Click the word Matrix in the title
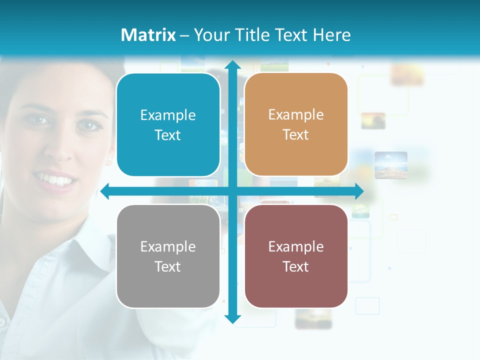point(148,35)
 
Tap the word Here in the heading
point(331,35)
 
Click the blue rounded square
point(168,124)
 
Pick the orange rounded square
point(296,124)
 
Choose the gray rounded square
point(168,256)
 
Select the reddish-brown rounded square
point(296,256)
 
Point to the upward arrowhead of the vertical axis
point(232,65)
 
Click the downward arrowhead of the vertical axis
point(232,318)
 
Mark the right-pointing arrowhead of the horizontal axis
point(359,191)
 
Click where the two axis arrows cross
point(232,191)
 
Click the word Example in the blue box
point(168,115)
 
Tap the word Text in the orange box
point(296,135)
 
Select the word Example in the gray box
point(168,246)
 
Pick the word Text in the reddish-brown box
point(296,266)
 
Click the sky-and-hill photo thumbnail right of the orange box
point(391,165)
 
